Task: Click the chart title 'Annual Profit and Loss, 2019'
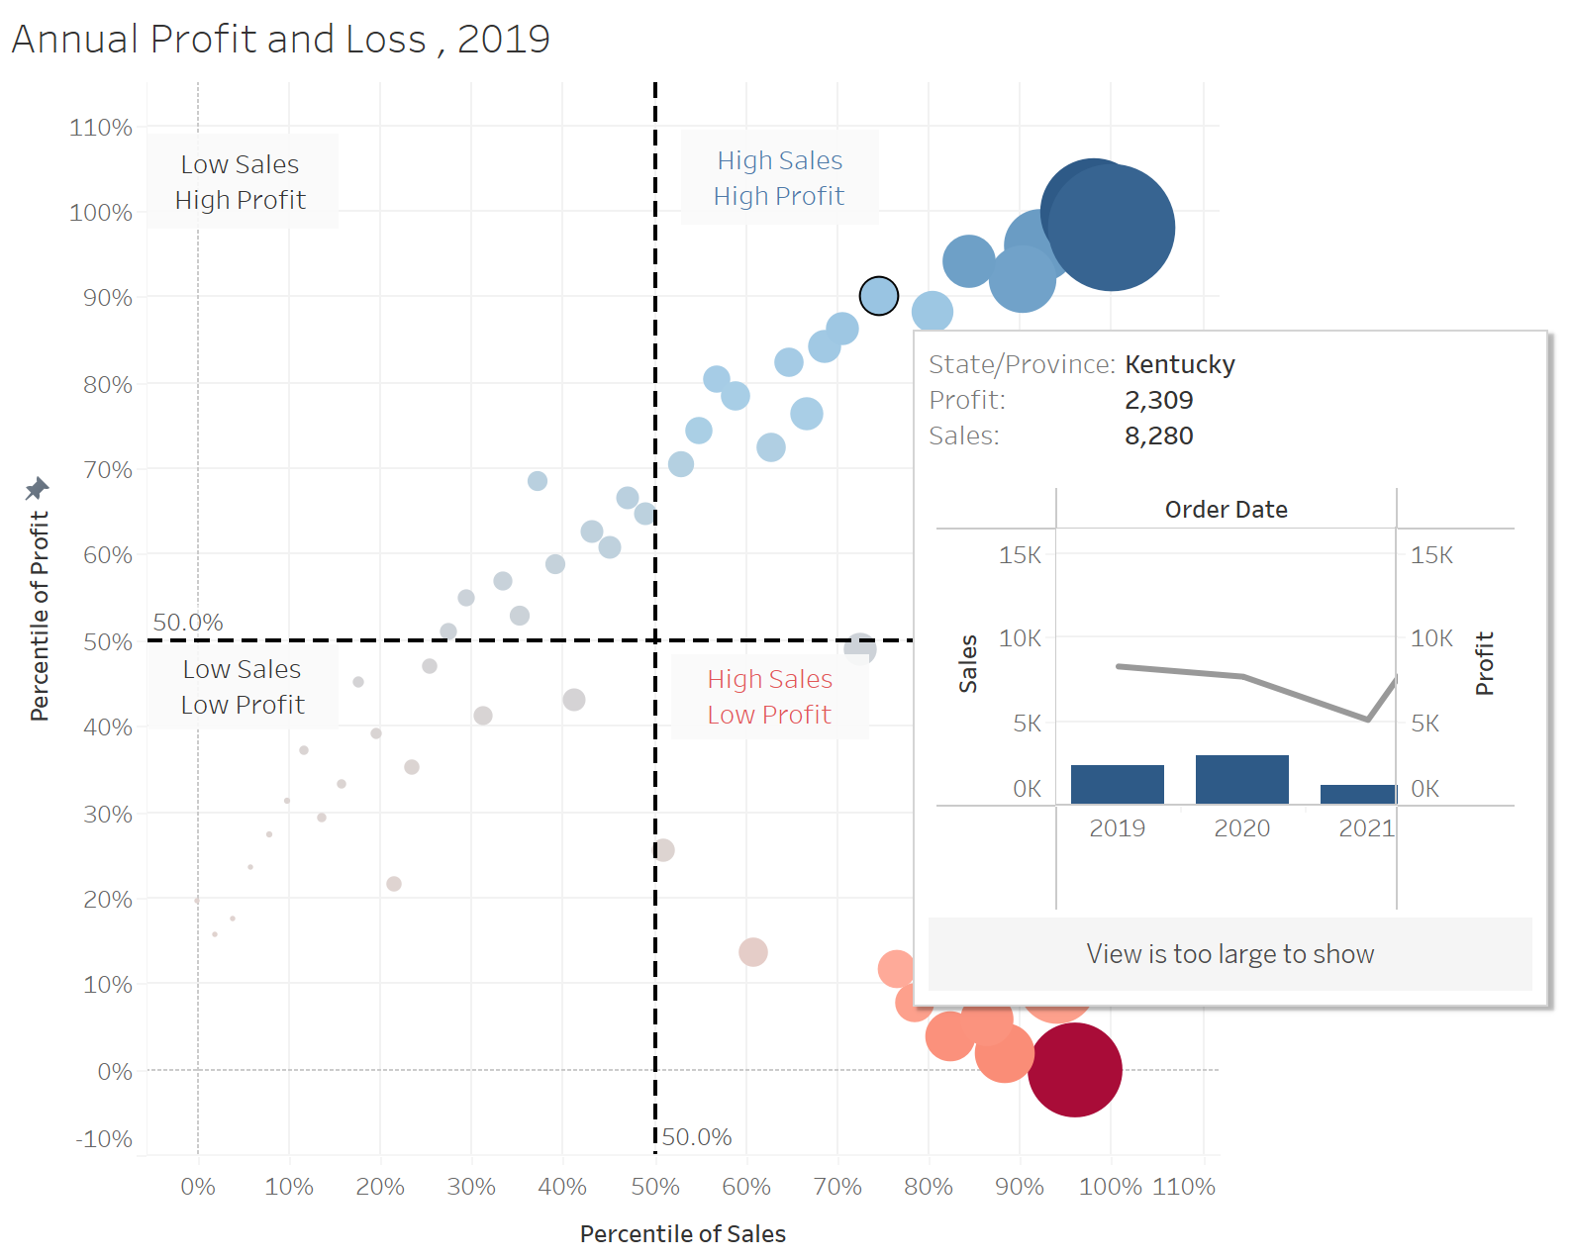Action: (x=280, y=40)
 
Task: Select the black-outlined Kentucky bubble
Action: (x=879, y=295)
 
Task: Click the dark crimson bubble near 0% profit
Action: (x=1074, y=1070)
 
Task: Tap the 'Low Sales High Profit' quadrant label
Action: (x=241, y=182)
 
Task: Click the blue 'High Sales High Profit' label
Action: (x=779, y=178)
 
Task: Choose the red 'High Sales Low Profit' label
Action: (x=769, y=697)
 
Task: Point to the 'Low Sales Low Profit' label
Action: (x=243, y=687)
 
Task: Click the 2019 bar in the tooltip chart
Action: (x=1118, y=784)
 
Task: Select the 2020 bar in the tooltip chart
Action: (x=1242, y=779)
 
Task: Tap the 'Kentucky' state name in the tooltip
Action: (x=1180, y=364)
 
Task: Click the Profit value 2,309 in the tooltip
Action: (x=1159, y=400)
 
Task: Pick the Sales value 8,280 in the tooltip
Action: (x=1159, y=436)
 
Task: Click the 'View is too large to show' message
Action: (x=1229, y=954)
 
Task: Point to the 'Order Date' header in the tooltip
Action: (x=1226, y=510)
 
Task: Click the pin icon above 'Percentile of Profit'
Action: (x=37, y=488)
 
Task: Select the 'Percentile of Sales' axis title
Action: (x=682, y=1234)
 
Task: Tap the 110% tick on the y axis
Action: (x=101, y=128)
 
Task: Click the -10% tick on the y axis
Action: (x=104, y=1139)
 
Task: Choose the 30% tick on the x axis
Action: (x=470, y=1187)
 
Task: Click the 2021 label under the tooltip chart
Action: (x=1366, y=828)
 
